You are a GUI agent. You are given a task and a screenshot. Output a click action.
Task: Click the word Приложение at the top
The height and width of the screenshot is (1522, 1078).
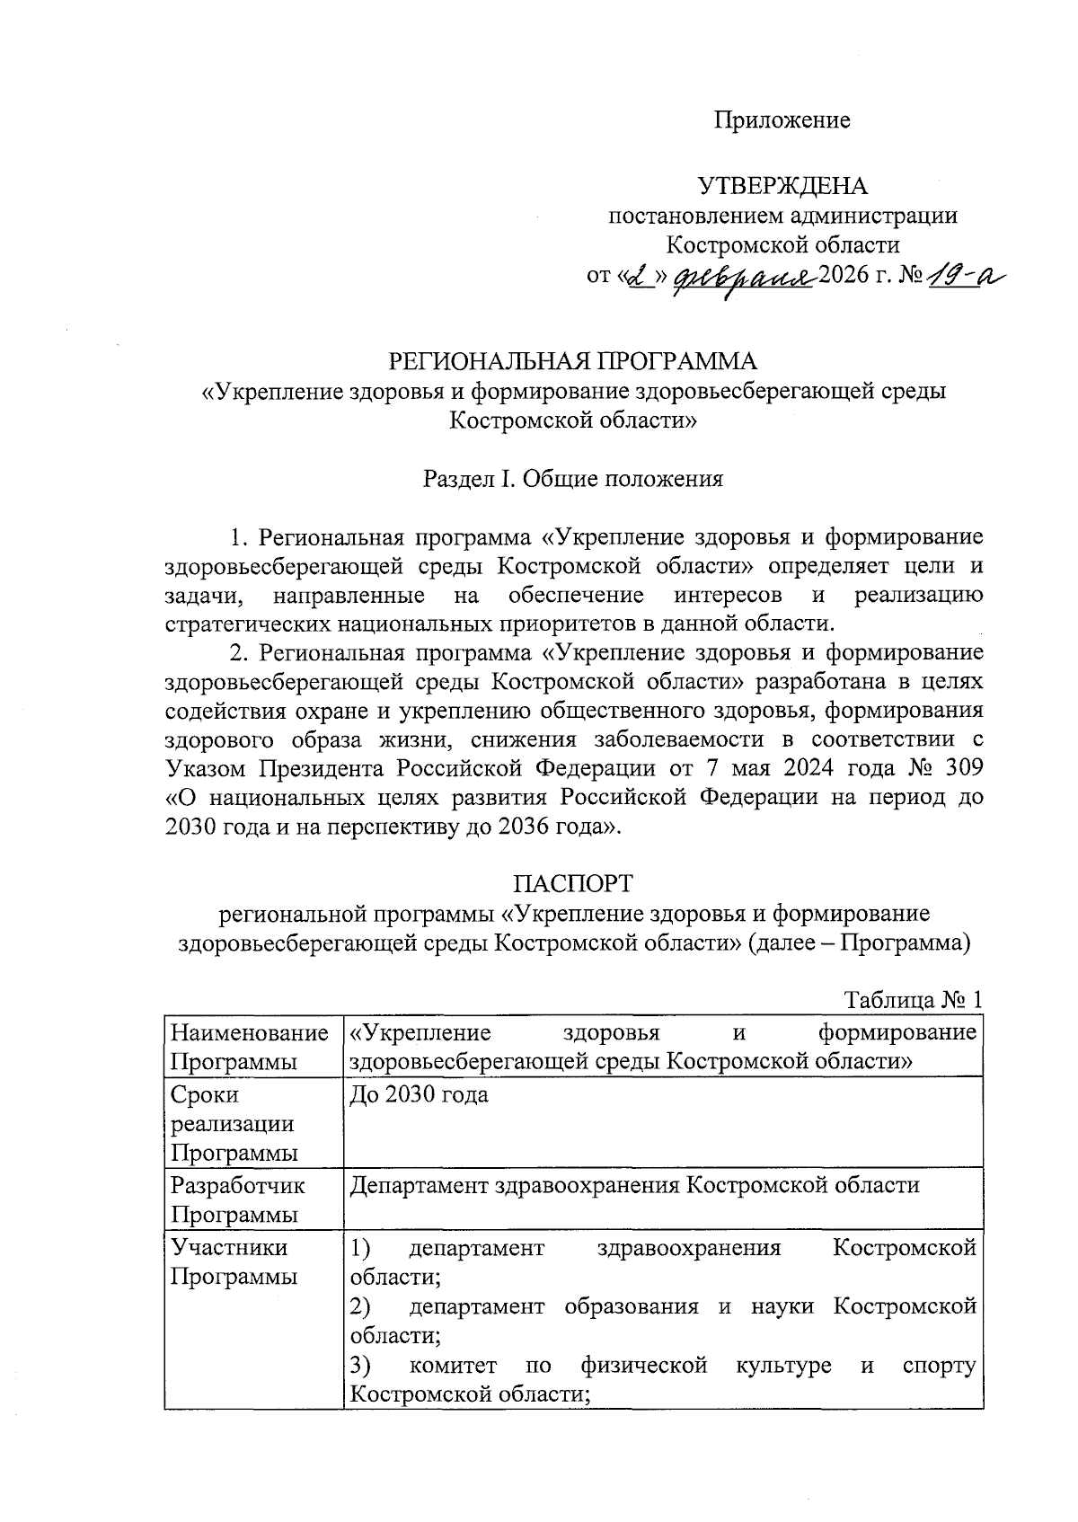coord(782,120)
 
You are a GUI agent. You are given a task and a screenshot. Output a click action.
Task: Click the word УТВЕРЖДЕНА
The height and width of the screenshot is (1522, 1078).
coord(783,186)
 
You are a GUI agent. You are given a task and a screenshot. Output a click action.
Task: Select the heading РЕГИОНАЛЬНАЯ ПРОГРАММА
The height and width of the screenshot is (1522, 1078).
coord(572,361)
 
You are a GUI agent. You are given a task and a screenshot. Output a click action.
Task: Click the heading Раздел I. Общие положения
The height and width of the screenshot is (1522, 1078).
coord(573,479)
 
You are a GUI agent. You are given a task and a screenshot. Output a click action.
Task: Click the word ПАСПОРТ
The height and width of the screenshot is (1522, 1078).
coord(573,883)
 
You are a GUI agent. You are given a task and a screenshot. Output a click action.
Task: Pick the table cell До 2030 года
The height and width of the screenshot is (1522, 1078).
coord(420,1095)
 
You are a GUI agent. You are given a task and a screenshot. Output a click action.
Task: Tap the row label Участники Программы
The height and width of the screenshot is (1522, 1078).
coord(233,1262)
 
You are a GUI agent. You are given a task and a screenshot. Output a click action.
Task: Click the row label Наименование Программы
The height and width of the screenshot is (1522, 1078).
coord(249,1047)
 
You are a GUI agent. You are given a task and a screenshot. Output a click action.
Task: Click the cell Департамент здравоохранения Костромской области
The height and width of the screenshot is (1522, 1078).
coord(634,1185)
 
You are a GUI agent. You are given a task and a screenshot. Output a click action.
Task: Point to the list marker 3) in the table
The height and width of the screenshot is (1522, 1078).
coord(360,1367)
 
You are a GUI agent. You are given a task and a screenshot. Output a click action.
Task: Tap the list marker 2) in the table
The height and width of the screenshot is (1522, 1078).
coord(360,1306)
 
